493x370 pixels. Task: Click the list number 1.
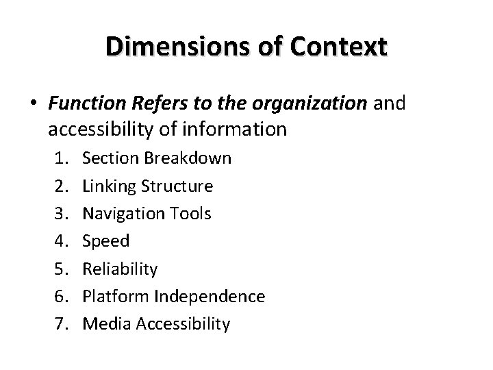[60, 159]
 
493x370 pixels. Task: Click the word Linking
[107, 186]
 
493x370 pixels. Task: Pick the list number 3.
[60, 214]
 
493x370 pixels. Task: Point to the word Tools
[188, 213]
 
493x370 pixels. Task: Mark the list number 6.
[60, 297]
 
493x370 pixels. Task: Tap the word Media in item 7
[103, 323]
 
